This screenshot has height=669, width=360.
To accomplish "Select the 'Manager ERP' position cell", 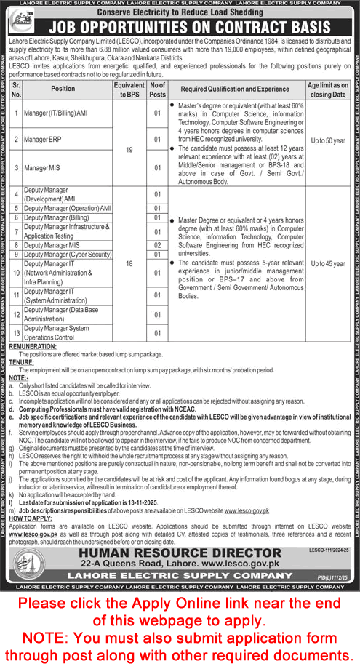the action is [x=43, y=139].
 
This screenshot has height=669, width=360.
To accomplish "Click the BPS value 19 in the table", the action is [x=129, y=149].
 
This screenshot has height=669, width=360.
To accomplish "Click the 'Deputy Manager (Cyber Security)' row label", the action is [x=68, y=255].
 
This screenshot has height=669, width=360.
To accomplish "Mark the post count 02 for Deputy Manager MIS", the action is [x=157, y=245].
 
